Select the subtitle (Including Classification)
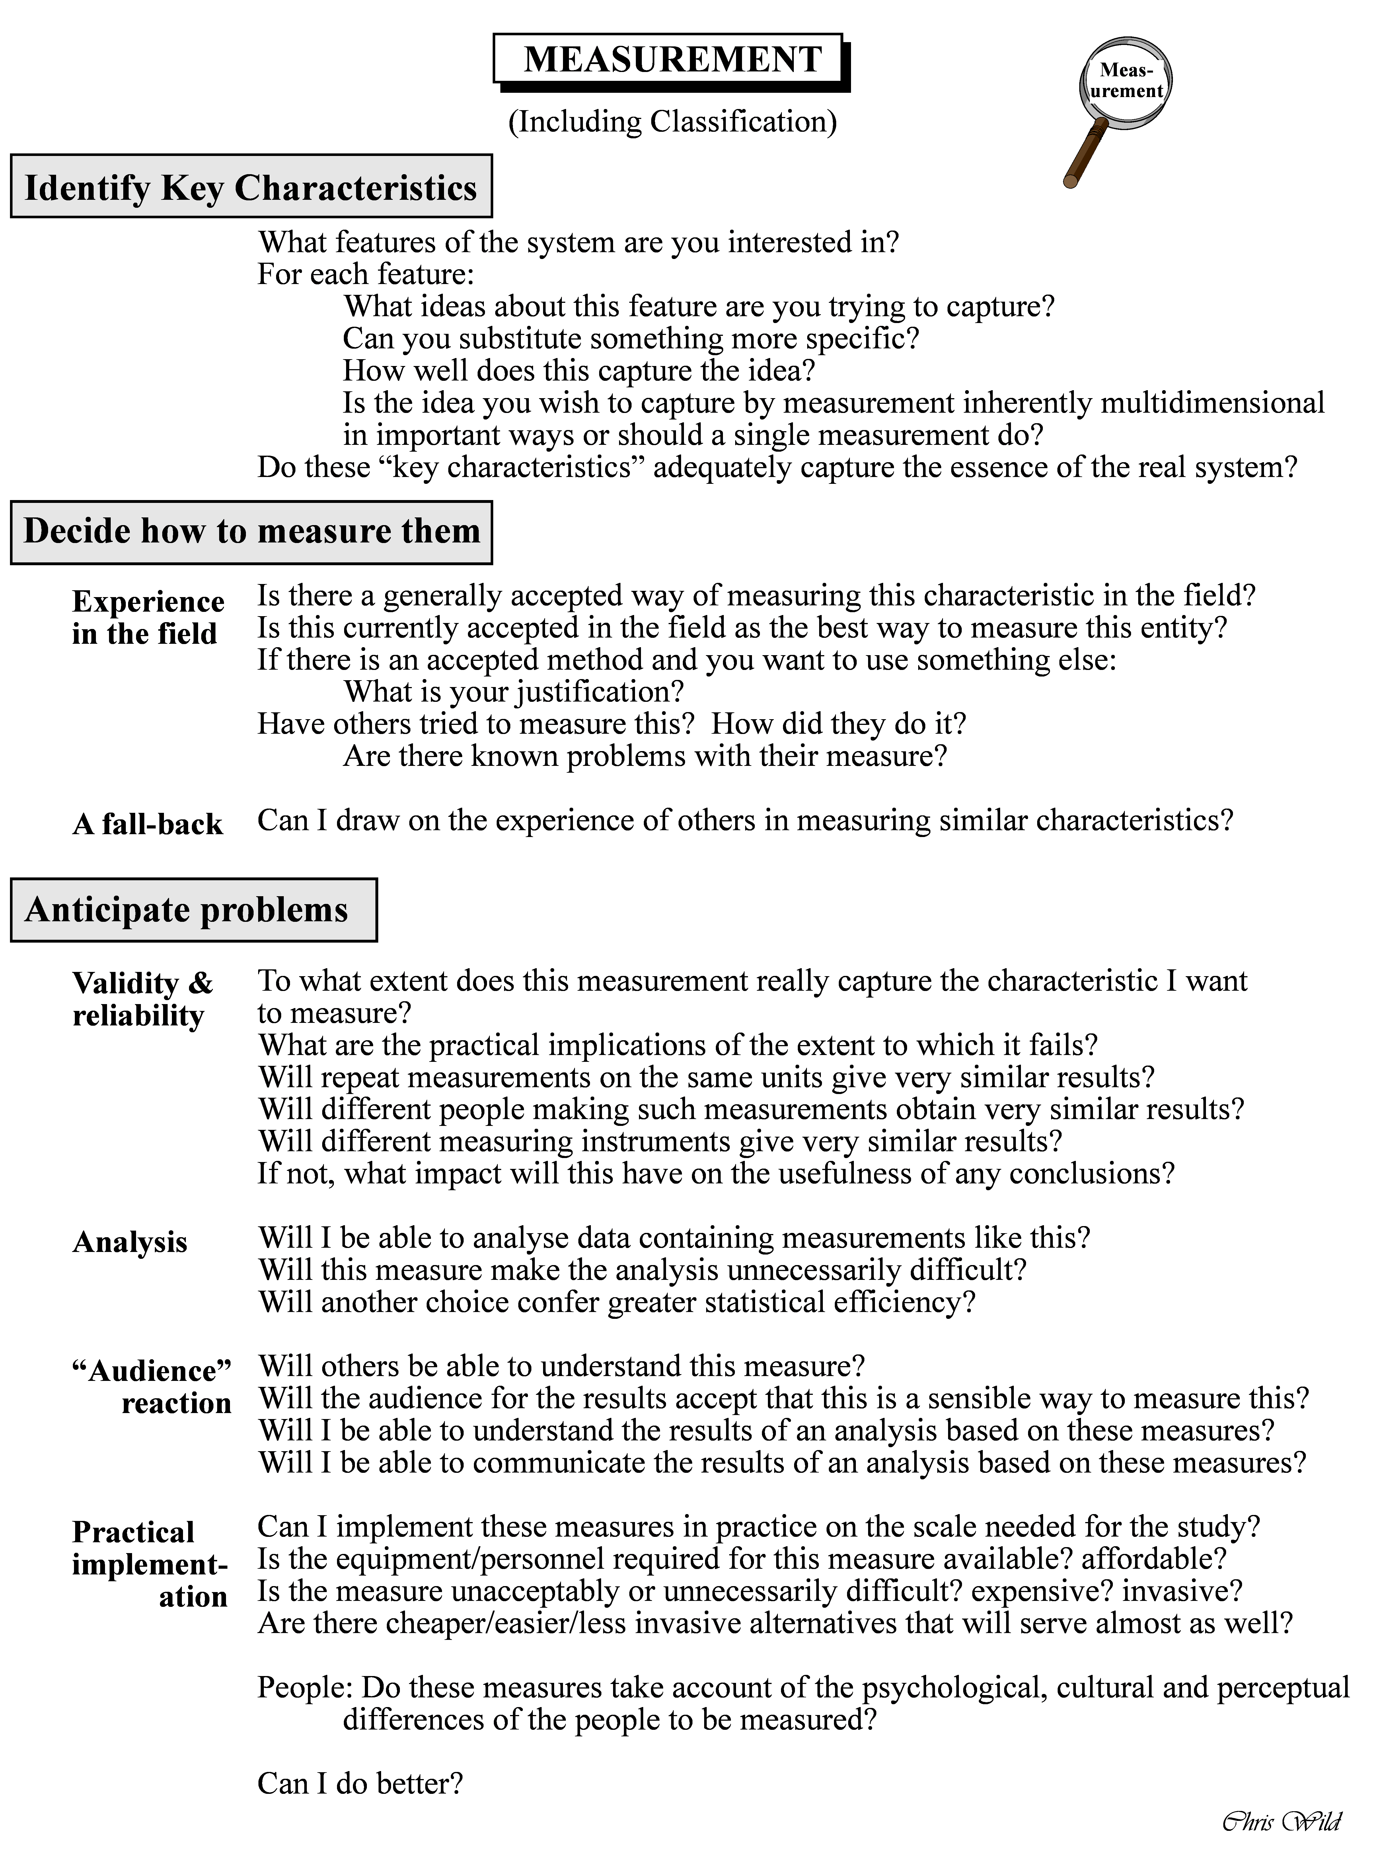pos(673,122)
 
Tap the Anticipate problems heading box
pos(193,910)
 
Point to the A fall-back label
pos(147,824)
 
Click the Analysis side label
pos(130,1242)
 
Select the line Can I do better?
pos(359,1783)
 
